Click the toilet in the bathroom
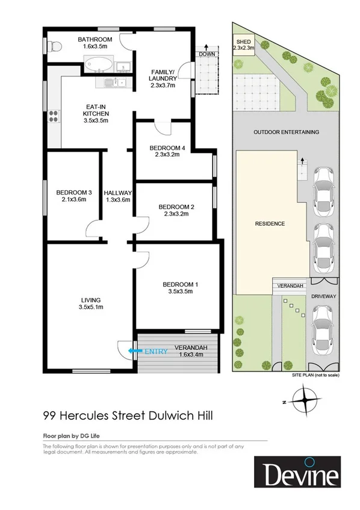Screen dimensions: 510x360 tap(55, 46)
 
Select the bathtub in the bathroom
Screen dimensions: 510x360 tap(96, 63)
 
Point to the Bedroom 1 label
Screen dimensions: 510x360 tap(179, 284)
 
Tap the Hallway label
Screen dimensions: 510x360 tap(117, 193)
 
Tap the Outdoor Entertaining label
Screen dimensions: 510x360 tap(286, 132)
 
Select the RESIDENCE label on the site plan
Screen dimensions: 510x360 tap(269, 223)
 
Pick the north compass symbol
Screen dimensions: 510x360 tap(308, 398)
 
